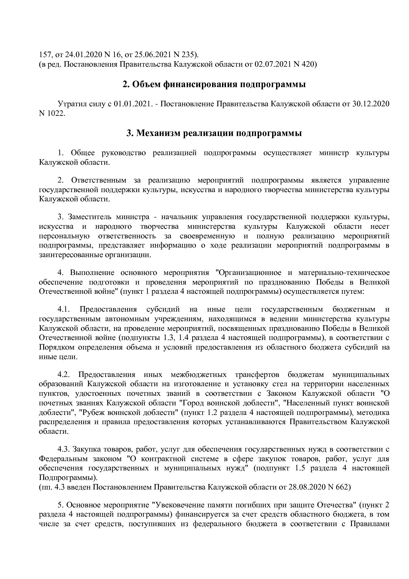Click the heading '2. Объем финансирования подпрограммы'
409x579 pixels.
pos(214,85)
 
